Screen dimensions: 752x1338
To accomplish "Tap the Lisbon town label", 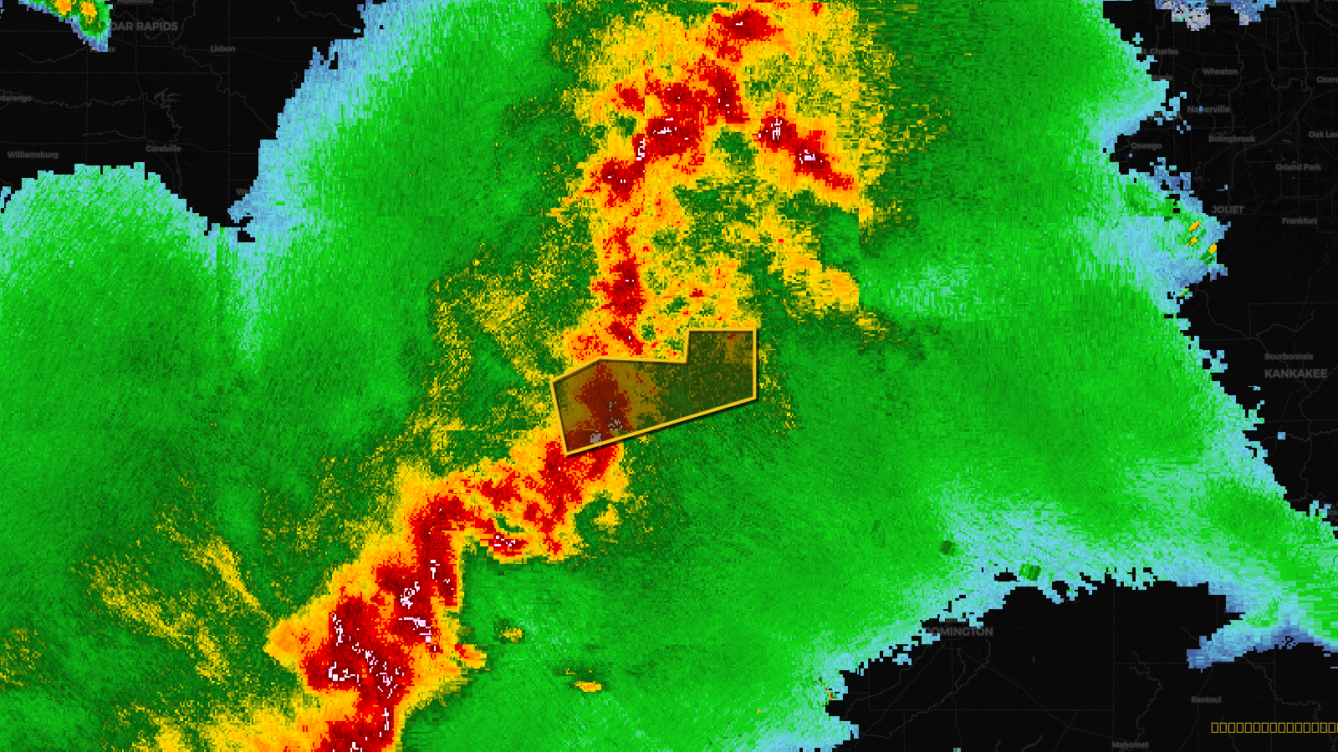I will click(222, 48).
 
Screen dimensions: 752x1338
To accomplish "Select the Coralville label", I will click(163, 149).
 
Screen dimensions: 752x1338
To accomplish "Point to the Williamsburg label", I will click(33, 155).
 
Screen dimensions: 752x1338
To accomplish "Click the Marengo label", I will click(16, 98).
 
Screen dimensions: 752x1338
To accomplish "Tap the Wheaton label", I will click(1220, 72).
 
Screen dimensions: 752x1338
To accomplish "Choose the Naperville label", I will click(1209, 109).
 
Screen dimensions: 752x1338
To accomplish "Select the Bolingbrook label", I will click(1231, 139).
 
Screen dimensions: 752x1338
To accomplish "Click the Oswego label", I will click(1146, 145).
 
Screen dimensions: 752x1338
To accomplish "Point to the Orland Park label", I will click(1298, 167).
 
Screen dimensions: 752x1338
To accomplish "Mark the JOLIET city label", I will click(1228, 210).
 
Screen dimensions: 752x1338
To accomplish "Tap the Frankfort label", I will click(1299, 221).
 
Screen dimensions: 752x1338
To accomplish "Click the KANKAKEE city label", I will click(1295, 373).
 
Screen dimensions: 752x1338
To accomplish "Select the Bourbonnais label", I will click(1289, 357).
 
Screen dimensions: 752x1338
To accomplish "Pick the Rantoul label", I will click(1206, 700).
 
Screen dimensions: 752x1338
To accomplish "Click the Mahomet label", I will click(1130, 744).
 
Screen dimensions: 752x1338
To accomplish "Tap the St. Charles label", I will click(1162, 52).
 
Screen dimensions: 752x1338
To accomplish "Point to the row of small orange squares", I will click(1274, 728).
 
